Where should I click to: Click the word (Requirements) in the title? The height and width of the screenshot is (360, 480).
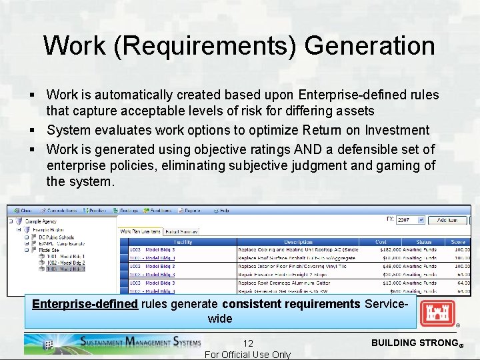click(202, 46)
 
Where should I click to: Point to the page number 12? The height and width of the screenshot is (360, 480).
click(248, 343)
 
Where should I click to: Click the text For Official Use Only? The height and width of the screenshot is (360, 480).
click(247, 355)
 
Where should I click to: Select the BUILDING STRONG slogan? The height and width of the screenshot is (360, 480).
click(412, 343)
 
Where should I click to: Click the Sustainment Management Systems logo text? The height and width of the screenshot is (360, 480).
click(139, 343)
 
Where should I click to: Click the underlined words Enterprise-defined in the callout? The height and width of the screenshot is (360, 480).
click(85, 304)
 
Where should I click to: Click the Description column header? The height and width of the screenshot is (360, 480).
click(298, 242)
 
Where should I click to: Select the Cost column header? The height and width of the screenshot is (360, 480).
click(381, 242)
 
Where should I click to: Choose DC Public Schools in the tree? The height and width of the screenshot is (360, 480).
click(57, 237)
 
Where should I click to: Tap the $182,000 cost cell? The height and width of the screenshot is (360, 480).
click(381, 249)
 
